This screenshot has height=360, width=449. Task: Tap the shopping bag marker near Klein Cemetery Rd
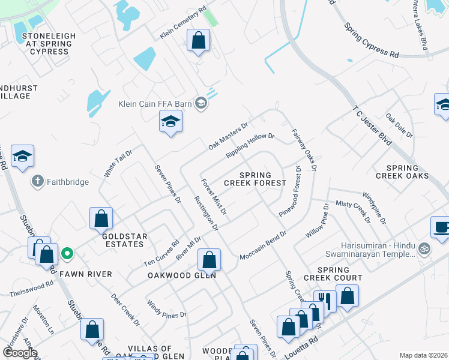pyautogui.click(x=198, y=41)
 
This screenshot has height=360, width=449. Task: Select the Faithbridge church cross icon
pyautogui.click(x=37, y=181)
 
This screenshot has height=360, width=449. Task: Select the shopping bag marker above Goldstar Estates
pyautogui.click(x=101, y=219)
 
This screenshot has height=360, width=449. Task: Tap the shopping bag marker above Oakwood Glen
pyautogui.click(x=209, y=260)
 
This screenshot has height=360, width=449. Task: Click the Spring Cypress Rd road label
pyautogui.click(x=372, y=41)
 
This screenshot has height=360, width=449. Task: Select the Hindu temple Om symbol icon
pyautogui.click(x=424, y=247)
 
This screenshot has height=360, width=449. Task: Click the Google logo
pyautogui.click(x=20, y=353)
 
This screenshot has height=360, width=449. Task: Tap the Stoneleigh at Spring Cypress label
pyautogui.click(x=49, y=44)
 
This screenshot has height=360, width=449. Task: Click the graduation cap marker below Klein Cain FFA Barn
pyautogui.click(x=170, y=122)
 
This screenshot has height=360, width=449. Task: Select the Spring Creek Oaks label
pyautogui.click(x=402, y=172)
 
